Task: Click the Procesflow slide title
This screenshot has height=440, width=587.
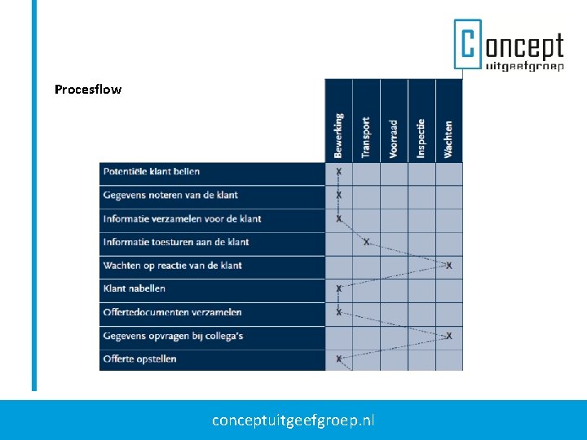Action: [x=88, y=90]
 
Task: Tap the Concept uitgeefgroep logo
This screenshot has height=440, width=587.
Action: [x=509, y=45]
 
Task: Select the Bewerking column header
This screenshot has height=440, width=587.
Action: [x=339, y=135]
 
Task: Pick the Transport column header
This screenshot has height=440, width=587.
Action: [x=366, y=137]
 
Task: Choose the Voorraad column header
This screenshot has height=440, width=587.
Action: [x=394, y=139]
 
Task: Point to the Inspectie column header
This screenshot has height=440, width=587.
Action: [x=421, y=139]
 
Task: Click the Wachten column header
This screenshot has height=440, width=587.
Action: [x=448, y=139]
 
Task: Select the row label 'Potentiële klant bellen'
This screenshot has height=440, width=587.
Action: [x=152, y=172]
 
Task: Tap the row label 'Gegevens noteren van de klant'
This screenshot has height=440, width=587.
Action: [x=170, y=196]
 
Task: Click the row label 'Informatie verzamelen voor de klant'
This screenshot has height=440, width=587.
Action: [x=182, y=218]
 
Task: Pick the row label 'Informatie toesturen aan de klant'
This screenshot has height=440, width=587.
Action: [x=176, y=242]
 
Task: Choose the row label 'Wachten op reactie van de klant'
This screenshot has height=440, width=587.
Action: [x=173, y=266]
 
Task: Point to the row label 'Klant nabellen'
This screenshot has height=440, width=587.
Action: [x=135, y=288]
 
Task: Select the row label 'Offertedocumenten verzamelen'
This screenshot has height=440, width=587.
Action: [x=173, y=312]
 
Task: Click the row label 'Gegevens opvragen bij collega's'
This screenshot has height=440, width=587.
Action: [x=173, y=336]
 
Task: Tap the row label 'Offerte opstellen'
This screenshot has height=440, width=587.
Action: [x=140, y=359]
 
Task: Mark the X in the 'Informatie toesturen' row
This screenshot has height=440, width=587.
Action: [x=366, y=242]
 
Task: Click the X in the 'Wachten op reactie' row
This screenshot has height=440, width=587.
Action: [x=449, y=266]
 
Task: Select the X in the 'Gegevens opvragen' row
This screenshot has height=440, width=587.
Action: [x=449, y=336]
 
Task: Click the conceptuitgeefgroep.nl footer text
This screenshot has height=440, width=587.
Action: [x=293, y=420]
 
